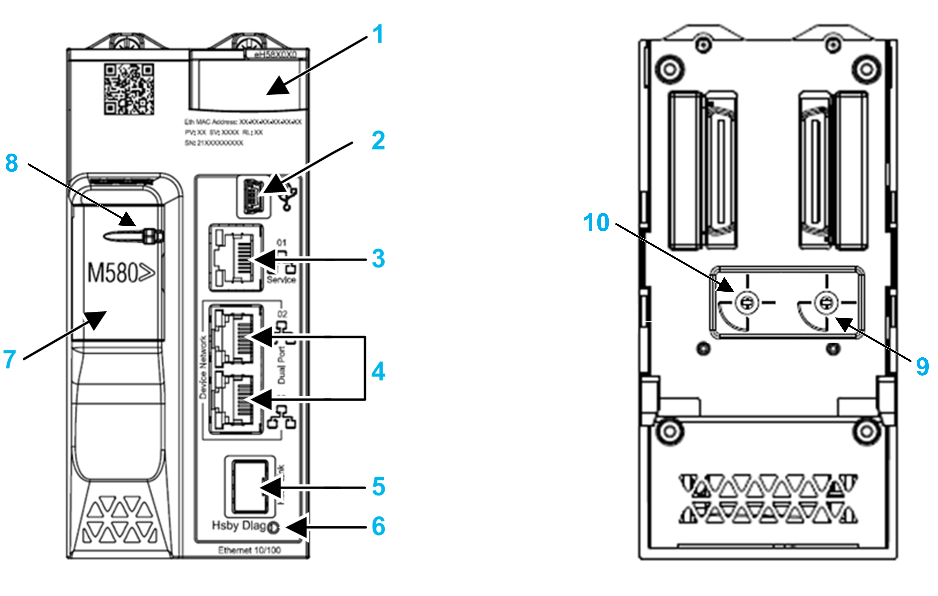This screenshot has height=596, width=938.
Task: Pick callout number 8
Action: [x=12, y=163]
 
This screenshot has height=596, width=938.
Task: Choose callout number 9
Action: [x=922, y=366]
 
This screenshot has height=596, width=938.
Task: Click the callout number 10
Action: [x=596, y=223]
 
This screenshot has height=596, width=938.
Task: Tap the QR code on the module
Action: [x=129, y=90]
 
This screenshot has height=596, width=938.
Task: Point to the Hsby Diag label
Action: [x=238, y=525]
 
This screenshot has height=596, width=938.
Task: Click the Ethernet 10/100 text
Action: [x=249, y=550]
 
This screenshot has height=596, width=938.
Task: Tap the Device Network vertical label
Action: [x=203, y=367]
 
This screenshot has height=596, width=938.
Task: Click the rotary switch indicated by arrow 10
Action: [x=747, y=302]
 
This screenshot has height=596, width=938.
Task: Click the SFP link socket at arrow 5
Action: [x=249, y=486]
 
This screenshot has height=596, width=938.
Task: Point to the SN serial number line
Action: [x=214, y=143]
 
